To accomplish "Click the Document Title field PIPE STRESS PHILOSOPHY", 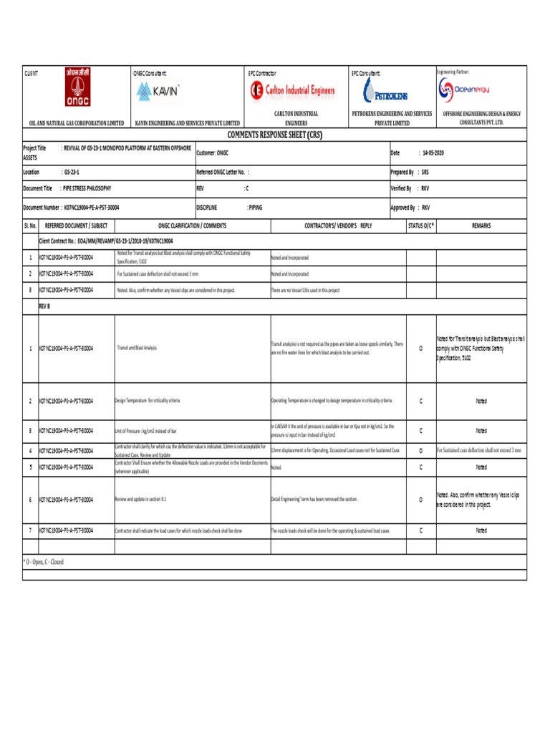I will click(86, 188).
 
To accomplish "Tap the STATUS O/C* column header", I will click(420, 225).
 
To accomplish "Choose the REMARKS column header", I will click(481, 225).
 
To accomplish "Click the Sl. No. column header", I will click(30, 225).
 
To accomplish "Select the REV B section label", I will click(44, 306).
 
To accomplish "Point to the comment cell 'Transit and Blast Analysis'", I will click(136, 348).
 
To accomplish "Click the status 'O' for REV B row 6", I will click(420, 499).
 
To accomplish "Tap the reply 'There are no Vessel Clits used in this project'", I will click(305, 291).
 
